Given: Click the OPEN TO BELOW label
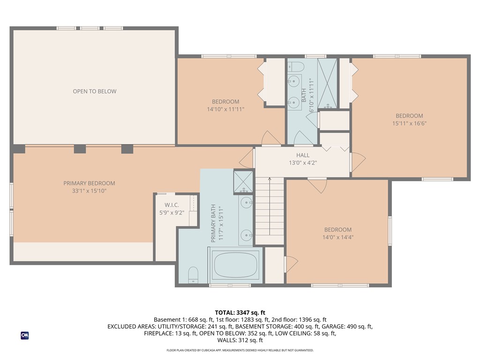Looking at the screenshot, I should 94,91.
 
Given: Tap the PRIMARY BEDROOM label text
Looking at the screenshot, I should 89,183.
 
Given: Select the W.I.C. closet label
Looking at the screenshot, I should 169,205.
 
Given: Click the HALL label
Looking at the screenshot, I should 302,155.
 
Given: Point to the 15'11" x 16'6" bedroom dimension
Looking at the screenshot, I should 409,124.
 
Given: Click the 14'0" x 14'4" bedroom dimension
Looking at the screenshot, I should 337,237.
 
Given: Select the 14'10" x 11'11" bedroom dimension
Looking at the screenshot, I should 225,109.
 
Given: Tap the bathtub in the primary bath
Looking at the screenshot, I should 236,265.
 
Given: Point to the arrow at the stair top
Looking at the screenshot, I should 270,180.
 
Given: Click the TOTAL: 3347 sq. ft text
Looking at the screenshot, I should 240,313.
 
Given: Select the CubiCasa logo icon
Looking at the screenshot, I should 24,336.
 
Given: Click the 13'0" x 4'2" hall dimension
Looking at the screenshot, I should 302,163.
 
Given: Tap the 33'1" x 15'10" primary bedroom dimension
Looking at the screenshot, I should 89,191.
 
